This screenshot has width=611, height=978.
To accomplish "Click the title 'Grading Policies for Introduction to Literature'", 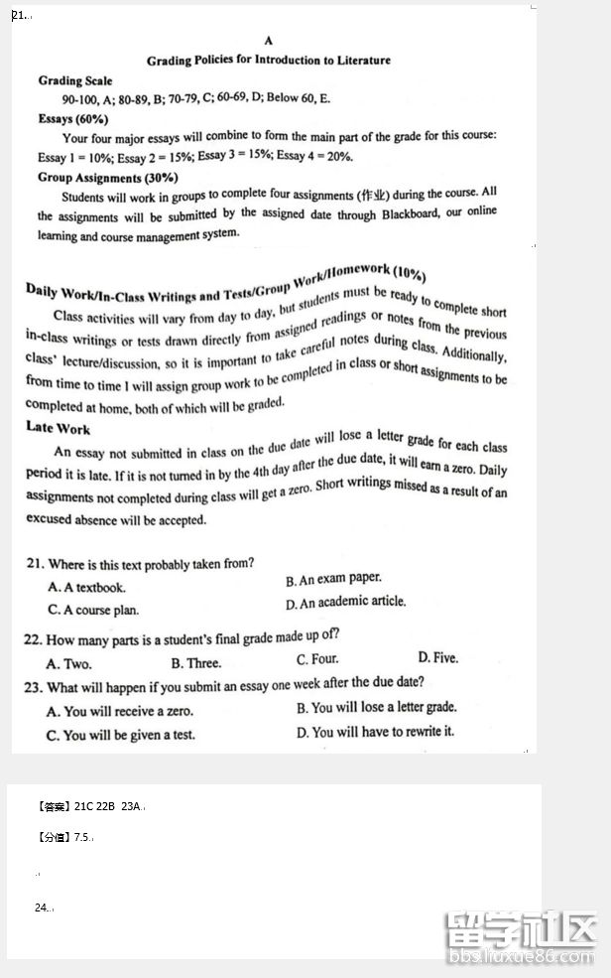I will click(269, 61).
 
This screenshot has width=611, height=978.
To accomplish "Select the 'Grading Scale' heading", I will click(75, 81).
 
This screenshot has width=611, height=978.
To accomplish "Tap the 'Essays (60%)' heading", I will click(73, 119).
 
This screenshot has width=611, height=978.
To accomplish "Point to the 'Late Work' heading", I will click(58, 429).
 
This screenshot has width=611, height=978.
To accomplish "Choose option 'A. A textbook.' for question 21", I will click(87, 588).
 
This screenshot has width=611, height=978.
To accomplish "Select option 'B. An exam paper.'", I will click(333, 579).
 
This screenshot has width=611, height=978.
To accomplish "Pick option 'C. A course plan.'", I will click(93, 611).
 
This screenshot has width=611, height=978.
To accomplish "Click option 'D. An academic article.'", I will click(345, 603).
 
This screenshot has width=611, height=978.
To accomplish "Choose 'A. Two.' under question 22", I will click(68, 663).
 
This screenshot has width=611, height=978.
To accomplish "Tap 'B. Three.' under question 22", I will click(196, 663).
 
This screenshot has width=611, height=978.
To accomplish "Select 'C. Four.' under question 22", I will click(317, 659).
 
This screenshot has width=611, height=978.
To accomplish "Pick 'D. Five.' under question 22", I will click(437, 657).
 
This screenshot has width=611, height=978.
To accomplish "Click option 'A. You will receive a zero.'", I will click(120, 712).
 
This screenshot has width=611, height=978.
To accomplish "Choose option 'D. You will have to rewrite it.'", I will click(375, 732).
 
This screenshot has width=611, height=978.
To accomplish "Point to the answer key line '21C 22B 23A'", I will click(109, 807).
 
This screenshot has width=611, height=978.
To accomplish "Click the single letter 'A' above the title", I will click(269, 41).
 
